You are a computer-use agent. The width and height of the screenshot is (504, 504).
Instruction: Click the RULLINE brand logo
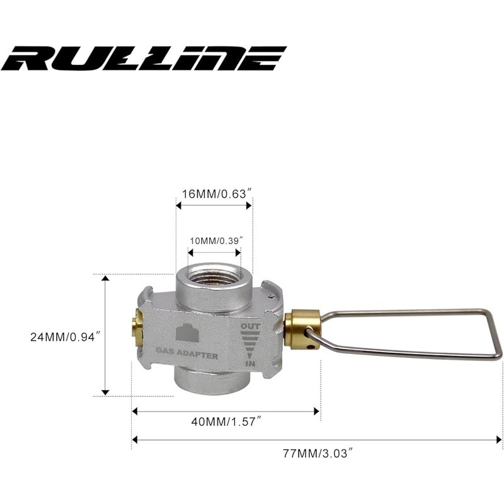(144, 58)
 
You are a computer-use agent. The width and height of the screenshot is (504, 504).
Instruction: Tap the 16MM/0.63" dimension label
(216, 194)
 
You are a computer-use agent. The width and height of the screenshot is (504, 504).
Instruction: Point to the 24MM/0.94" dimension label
(62, 337)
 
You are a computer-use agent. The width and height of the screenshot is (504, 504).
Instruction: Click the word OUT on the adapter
(250, 326)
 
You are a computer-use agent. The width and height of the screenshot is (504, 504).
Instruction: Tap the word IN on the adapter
(250, 364)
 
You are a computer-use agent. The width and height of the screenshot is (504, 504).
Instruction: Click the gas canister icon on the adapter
(187, 332)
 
